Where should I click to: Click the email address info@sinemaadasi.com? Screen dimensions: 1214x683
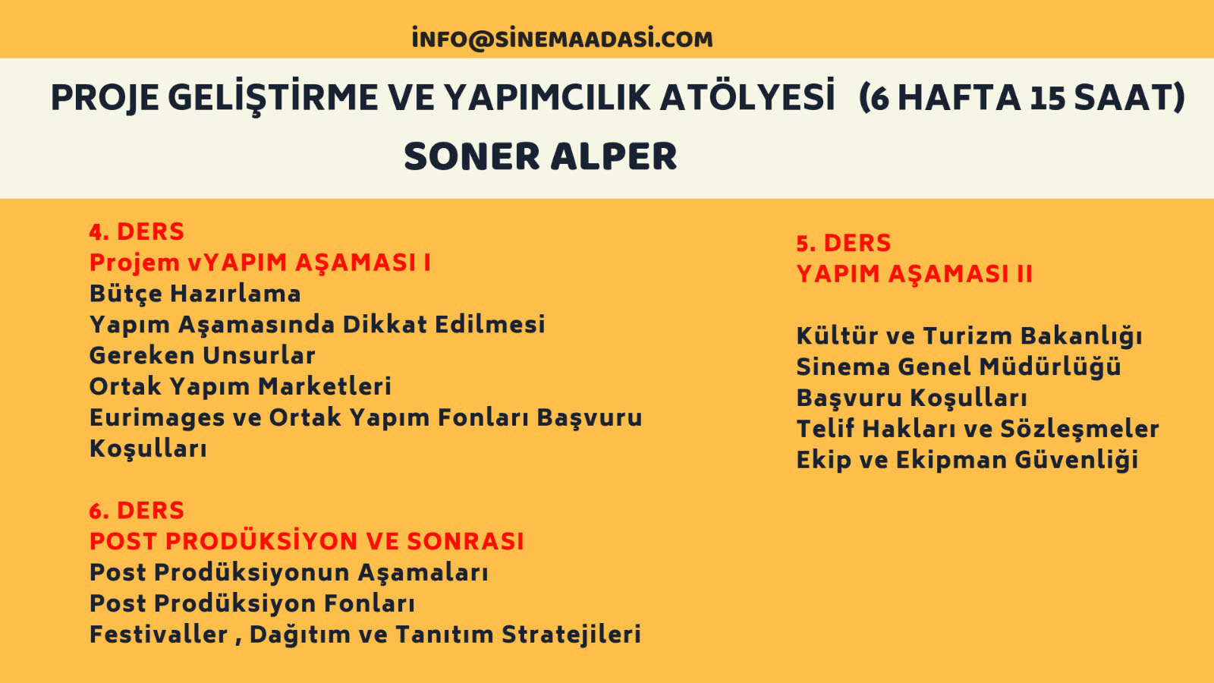(562, 39)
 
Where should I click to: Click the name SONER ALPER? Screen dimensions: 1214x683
(540, 156)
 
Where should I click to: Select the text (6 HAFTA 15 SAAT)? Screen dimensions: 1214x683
(1022, 98)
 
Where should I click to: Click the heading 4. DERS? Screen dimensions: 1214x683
(137, 231)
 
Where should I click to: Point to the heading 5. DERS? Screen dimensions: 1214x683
(843, 243)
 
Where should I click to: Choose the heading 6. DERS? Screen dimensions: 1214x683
(137, 511)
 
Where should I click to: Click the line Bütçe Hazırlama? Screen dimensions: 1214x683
(195, 294)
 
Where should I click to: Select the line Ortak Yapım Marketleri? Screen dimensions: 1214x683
(240, 387)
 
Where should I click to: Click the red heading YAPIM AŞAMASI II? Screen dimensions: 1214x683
(914, 274)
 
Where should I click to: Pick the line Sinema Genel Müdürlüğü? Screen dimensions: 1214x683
(958, 367)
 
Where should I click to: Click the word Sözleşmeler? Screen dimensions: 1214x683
(1080, 430)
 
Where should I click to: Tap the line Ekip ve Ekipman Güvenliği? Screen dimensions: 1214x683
(967, 460)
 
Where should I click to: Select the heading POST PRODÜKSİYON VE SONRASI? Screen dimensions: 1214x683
(307, 542)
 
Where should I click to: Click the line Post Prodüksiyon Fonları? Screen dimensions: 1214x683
(252, 604)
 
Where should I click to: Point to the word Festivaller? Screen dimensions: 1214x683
(159, 634)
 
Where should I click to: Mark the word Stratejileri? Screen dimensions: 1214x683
(571, 635)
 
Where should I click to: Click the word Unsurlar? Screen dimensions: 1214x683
(259, 356)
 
